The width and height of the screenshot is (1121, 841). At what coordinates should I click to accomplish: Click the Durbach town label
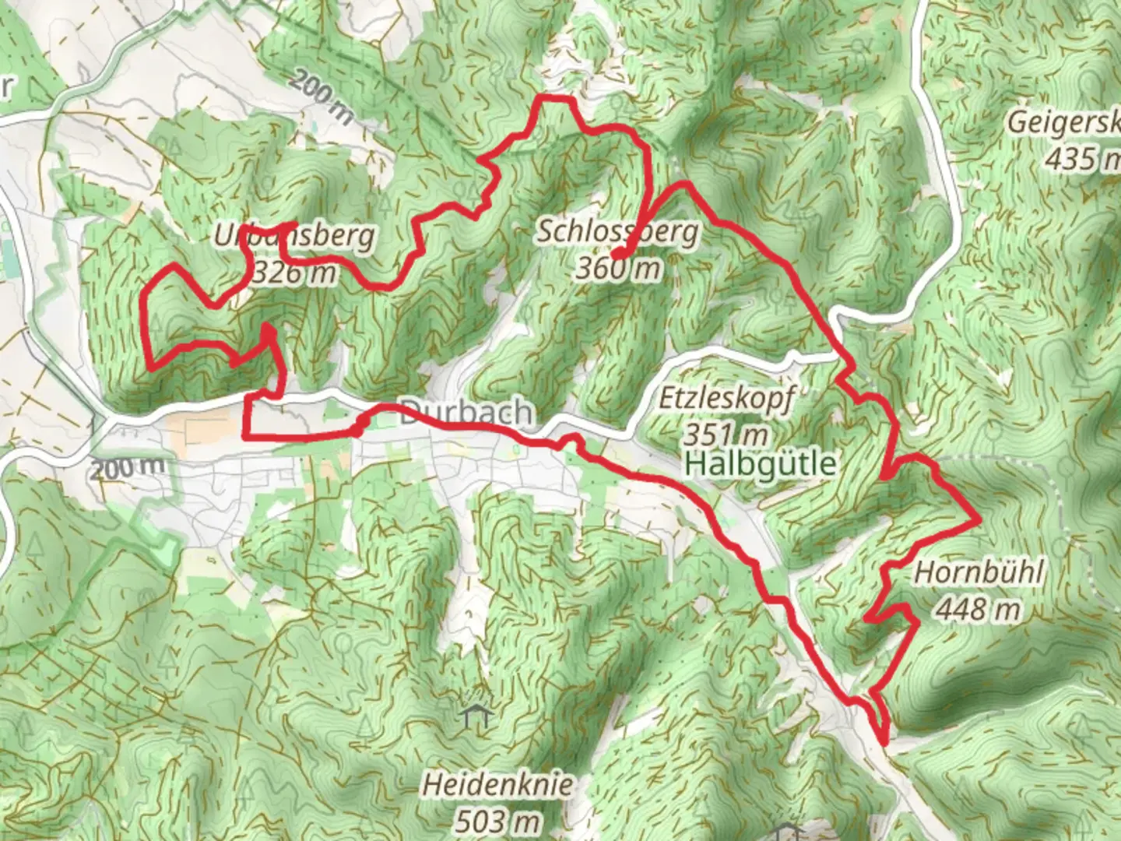466,413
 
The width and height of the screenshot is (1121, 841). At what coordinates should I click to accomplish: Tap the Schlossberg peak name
618,232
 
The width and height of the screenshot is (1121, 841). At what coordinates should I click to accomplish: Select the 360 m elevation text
618,269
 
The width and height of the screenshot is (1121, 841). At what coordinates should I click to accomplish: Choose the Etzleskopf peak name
726,399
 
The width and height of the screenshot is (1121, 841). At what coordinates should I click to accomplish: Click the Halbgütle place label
762,464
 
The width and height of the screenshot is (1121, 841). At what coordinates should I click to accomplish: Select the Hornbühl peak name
978,572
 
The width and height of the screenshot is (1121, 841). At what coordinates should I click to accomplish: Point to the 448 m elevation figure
978,608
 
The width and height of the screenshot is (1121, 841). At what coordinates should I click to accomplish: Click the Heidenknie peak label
498,784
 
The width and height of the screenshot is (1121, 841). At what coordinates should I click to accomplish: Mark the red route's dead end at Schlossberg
616,255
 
